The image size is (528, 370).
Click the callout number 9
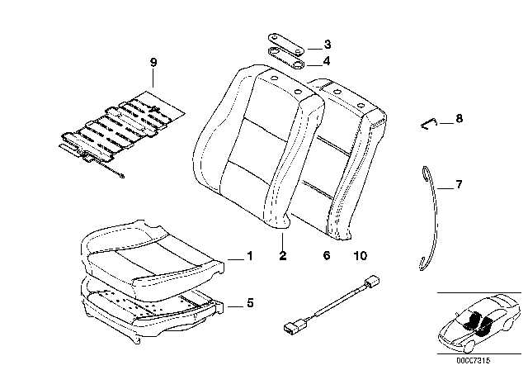(153, 62)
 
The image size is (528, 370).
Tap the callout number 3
(327, 44)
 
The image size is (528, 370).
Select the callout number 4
(327, 60)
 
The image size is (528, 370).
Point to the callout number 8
(459, 119)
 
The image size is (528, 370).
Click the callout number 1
(248, 257)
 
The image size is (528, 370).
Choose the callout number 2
(282, 257)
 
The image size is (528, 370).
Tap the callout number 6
(327, 257)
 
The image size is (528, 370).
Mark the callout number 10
(361, 257)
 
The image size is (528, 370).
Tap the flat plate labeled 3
(285, 42)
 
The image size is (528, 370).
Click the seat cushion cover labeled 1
(153, 252)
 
